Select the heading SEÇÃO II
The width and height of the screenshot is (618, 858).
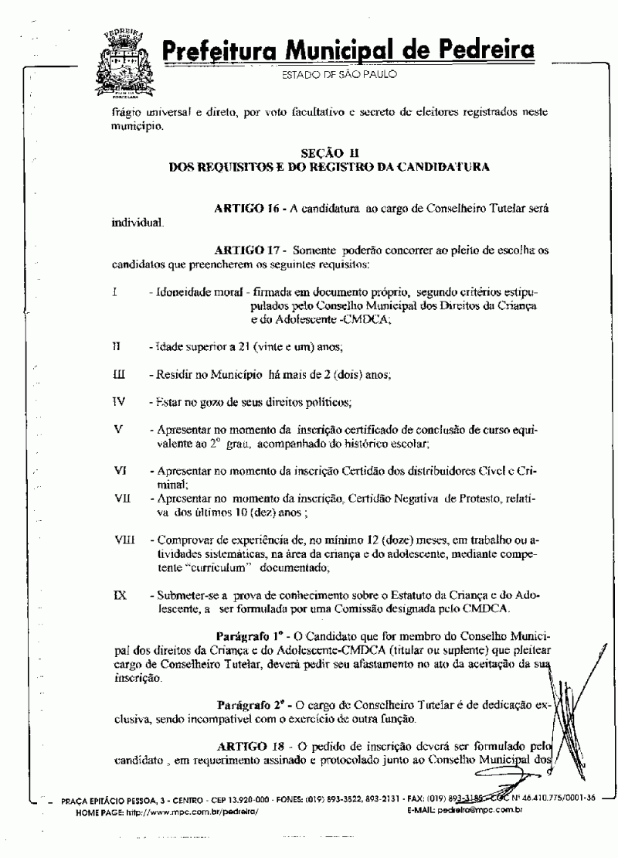click(328, 154)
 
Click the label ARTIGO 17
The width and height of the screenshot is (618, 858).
click(246, 252)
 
